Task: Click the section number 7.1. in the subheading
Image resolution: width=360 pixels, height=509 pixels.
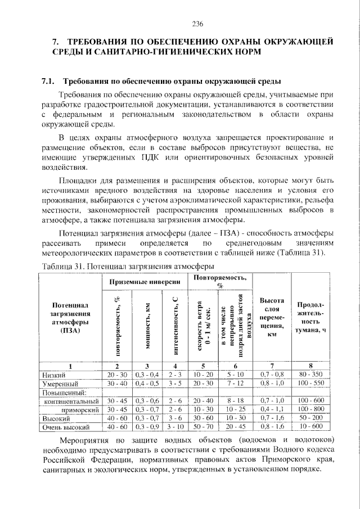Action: (49, 82)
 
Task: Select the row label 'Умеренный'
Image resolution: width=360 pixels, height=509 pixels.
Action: (59, 383)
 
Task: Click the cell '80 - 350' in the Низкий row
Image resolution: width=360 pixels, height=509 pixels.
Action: (310, 374)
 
